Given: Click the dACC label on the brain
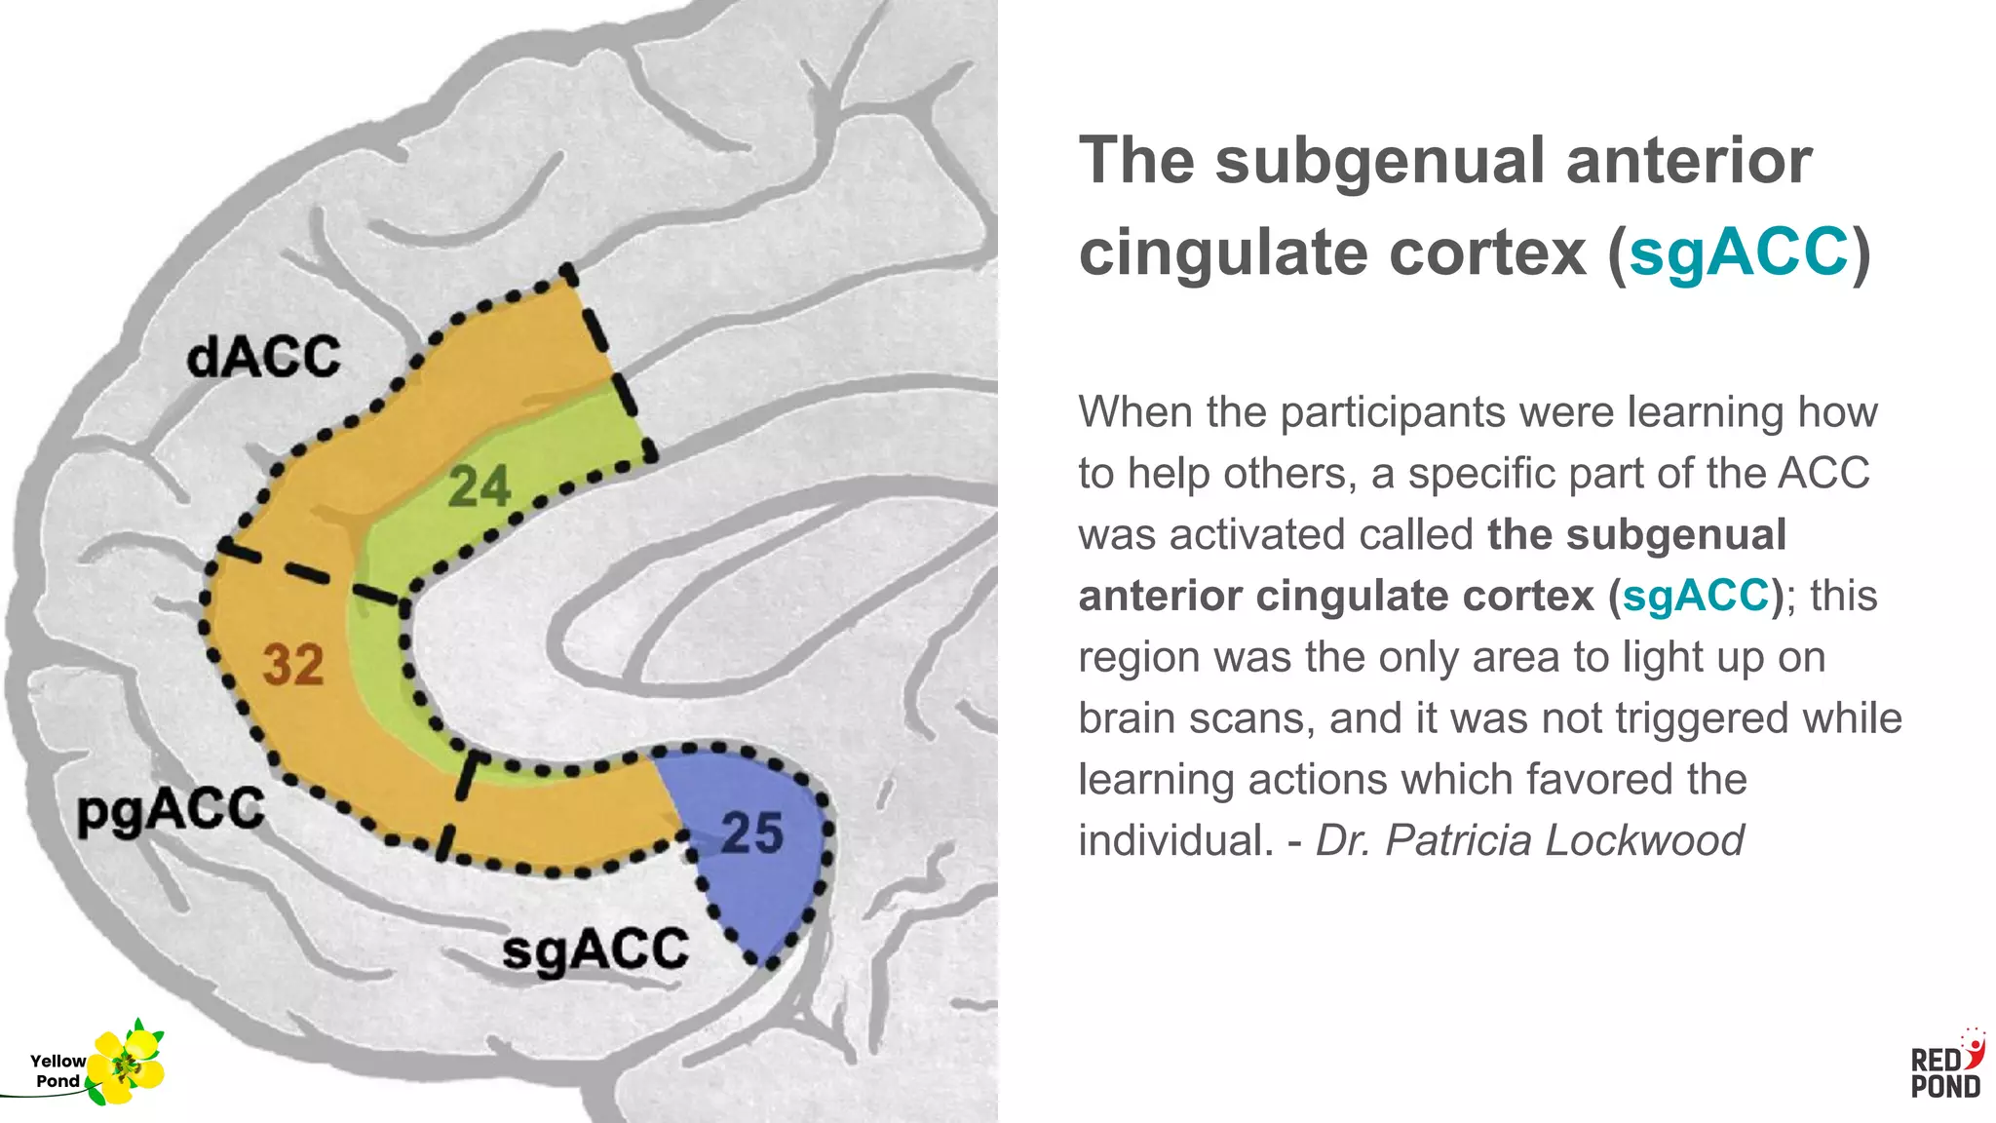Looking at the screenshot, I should coord(263,357).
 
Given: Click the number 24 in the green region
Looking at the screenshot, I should coord(479,486).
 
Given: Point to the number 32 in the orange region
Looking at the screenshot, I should coord(292,665).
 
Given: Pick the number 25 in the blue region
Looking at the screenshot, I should coord(751,833).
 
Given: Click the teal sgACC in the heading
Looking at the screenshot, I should coord(1738,252).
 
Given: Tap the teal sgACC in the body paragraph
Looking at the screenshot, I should coord(1695,596).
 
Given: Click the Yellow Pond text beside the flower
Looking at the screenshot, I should coord(58,1070).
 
